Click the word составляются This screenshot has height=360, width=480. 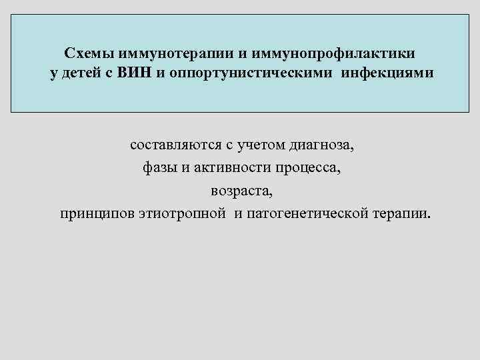pos(173,144)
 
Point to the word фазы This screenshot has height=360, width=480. pos(158,167)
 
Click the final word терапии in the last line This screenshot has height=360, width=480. pos(403,214)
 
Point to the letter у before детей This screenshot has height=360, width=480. pos(54,73)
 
